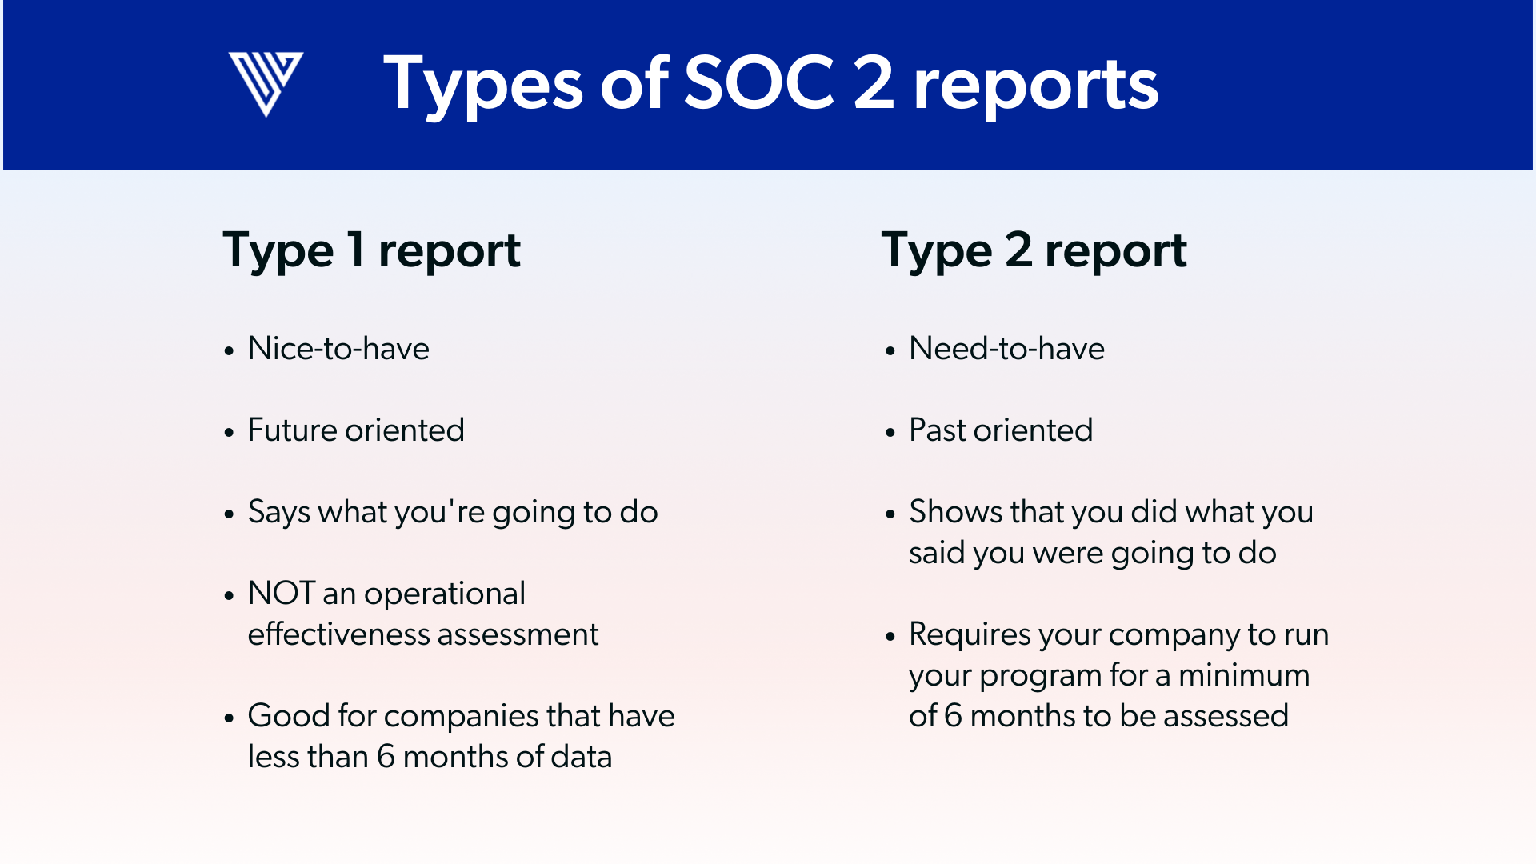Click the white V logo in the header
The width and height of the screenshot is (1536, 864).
click(x=266, y=84)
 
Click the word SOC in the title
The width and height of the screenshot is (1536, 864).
click(x=760, y=82)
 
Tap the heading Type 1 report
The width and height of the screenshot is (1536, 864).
click(x=372, y=250)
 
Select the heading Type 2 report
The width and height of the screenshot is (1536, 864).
click(x=1034, y=250)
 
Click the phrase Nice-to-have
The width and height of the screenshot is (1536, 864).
click(x=338, y=349)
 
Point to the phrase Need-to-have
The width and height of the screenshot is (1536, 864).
click(x=1006, y=349)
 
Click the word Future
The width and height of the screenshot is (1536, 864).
click(x=293, y=430)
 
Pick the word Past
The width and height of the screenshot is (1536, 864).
click(x=938, y=430)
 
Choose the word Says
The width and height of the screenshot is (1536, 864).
click(x=279, y=513)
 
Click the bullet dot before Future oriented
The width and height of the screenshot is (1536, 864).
click(x=230, y=433)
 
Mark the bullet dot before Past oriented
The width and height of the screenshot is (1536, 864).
click(x=890, y=433)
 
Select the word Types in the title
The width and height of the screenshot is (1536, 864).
click(x=484, y=84)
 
